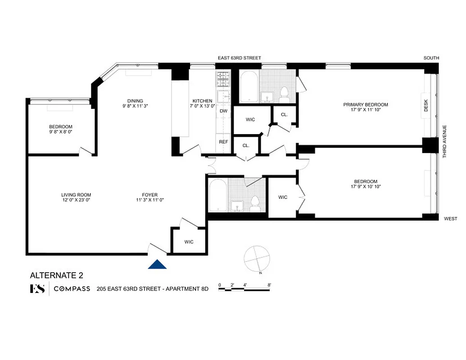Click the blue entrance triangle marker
(157, 265)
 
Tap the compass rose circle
(255, 258)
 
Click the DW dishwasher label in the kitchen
(223, 111)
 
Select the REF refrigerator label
(223, 142)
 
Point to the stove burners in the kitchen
(223, 80)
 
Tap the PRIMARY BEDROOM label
(365, 104)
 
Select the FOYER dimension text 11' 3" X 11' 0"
(150, 200)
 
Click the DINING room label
(135, 101)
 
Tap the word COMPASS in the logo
(72, 289)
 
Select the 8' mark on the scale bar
(269, 285)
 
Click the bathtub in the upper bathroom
(249, 88)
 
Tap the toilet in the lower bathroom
(255, 203)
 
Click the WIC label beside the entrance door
(189, 242)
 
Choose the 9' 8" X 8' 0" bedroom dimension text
(60, 132)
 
